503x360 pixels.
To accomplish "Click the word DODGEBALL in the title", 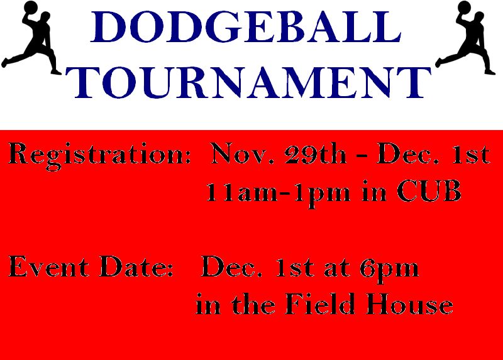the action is coord(246,27).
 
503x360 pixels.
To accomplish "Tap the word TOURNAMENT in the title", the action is coord(248,82).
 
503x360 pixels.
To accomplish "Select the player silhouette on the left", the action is coord(31,38).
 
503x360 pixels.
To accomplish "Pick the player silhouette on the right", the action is coord(465,38).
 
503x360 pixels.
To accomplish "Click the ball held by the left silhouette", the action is coord(31,8).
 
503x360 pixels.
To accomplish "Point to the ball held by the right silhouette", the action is coord(464,8).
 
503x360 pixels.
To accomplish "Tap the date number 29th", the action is coord(316,154).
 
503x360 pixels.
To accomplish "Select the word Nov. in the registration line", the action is coord(243,154).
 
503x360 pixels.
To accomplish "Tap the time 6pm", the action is coord(389,270).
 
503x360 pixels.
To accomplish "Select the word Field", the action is coord(320,303).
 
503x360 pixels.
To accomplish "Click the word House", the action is coord(410,303).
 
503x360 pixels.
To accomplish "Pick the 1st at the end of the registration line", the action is coord(471,154).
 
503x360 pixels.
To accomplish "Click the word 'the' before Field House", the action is coord(253,303).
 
